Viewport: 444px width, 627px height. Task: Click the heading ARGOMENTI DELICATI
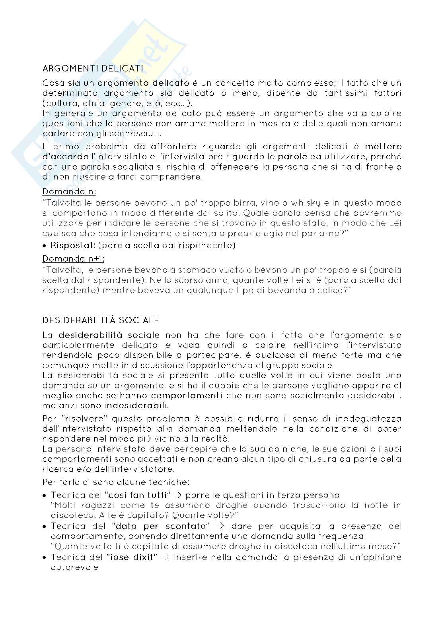pos(93,69)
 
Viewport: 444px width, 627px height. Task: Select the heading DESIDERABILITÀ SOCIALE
pos(101,320)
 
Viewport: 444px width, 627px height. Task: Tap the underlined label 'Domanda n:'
pos(69,191)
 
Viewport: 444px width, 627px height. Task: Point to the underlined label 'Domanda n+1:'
pos(74,259)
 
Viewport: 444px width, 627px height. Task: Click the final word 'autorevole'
pos(74,568)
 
